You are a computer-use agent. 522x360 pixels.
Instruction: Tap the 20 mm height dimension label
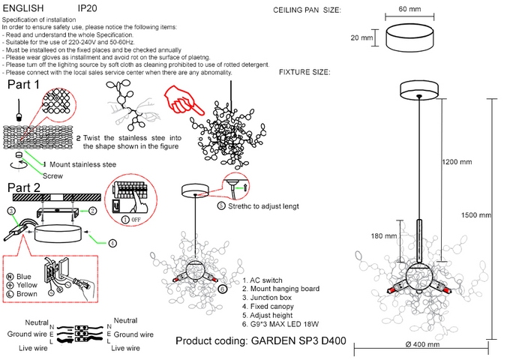pyautogui.click(x=361, y=37)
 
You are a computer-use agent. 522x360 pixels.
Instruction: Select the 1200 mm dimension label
pyautogui.click(x=457, y=162)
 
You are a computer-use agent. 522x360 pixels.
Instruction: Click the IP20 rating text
pyautogui.click(x=88, y=6)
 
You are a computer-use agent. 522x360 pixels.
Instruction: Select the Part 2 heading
pyautogui.click(x=24, y=187)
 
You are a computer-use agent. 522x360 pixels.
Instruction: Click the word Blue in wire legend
pyautogui.click(x=24, y=277)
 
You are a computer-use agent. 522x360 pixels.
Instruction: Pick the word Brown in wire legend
pyautogui.click(x=27, y=295)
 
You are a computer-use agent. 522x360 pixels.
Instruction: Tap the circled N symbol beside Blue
pyautogui.click(x=10, y=277)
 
